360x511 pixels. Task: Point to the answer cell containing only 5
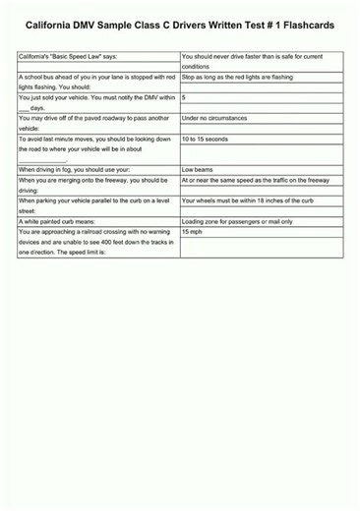[x=185, y=98]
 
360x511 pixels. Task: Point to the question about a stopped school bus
[x=96, y=82]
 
